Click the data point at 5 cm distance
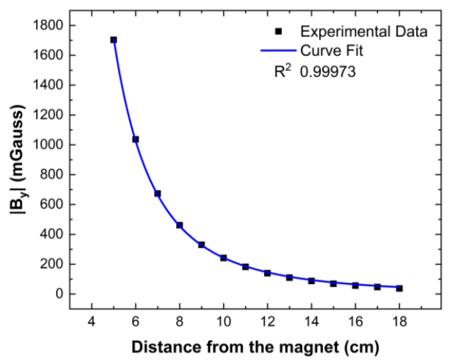tap(113, 40)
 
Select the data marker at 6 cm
tap(136, 139)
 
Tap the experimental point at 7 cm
tap(158, 194)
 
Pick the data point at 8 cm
tap(179, 225)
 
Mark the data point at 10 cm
tap(223, 258)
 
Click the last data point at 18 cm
tap(399, 288)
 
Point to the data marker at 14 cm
tap(311, 281)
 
